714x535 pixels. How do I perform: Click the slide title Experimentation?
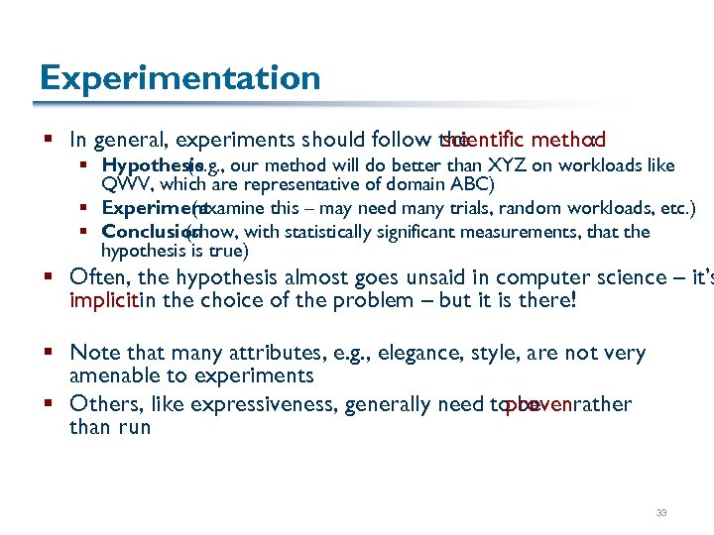(x=179, y=77)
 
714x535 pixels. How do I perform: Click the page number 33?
(x=660, y=513)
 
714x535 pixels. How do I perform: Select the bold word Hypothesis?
(x=143, y=164)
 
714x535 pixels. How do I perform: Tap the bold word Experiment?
(x=147, y=208)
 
